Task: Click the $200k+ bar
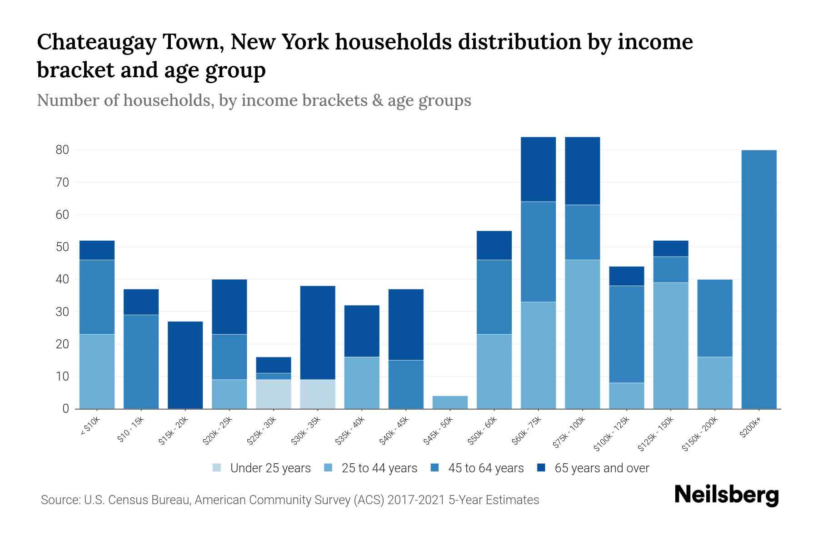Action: click(758, 279)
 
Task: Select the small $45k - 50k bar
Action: click(450, 402)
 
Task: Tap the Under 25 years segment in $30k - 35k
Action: click(318, 394)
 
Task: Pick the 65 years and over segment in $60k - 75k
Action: click(538, 169)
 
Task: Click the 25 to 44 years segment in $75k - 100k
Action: click(582, 334)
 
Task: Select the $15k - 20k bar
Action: click(185, 365)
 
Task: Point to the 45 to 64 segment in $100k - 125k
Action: click(626, 334)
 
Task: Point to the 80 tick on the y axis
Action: click(62, 150)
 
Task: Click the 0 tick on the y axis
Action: click(66, 409)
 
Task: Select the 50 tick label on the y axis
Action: click(62, 247)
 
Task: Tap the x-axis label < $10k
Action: click(90, 427)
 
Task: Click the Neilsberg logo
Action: click(726, 495)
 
